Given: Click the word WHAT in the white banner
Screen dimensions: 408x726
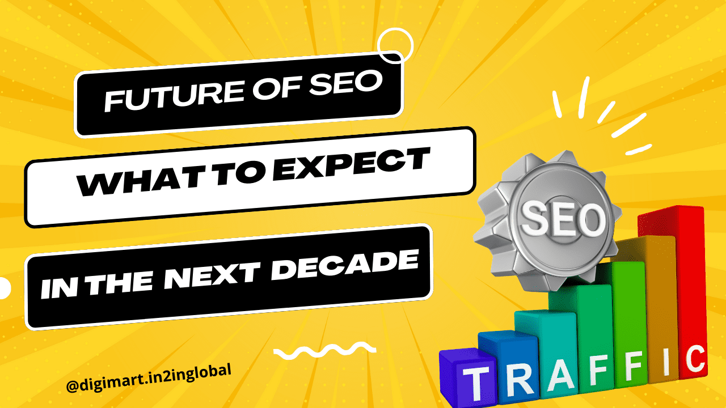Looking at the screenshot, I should [120, 182].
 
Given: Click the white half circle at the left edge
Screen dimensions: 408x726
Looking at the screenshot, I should [5, 288].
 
